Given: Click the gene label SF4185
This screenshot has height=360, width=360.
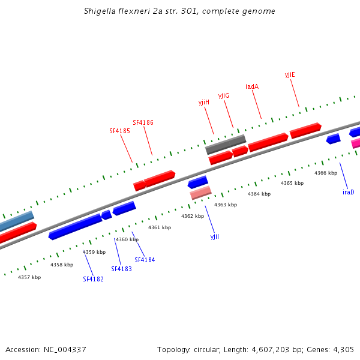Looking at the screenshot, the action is tap(119, 131).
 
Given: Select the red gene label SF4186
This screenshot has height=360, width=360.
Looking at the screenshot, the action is tap(143, 122).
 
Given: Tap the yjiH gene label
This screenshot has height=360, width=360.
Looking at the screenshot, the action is tap(204, 103).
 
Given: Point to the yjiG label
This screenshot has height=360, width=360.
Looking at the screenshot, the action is tap(224, 96).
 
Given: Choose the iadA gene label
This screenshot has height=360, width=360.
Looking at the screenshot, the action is tap(252, 87).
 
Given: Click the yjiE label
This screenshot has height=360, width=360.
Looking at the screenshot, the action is tap(290, 75).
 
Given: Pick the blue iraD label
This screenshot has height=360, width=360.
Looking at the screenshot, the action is tap(349, 192).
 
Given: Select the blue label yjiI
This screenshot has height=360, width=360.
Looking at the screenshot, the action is tap(215, 237).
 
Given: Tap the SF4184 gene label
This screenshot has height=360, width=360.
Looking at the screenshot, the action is tap(145, 260).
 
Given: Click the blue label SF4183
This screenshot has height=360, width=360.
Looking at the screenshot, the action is tap(121, 269).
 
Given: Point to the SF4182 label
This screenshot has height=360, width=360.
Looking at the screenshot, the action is tap(93, 279).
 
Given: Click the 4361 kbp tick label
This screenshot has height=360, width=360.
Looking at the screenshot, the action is tap(160, 227).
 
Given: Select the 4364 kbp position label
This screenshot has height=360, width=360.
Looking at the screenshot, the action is tap(259, 194).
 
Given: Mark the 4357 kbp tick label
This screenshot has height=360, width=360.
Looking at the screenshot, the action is tap(29, 277).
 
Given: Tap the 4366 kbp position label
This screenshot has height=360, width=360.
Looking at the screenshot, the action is tap(325, 173).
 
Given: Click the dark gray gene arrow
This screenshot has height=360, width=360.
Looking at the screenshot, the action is tap(226, 144).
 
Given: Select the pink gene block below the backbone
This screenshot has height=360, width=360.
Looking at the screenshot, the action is tap(201, 193).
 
